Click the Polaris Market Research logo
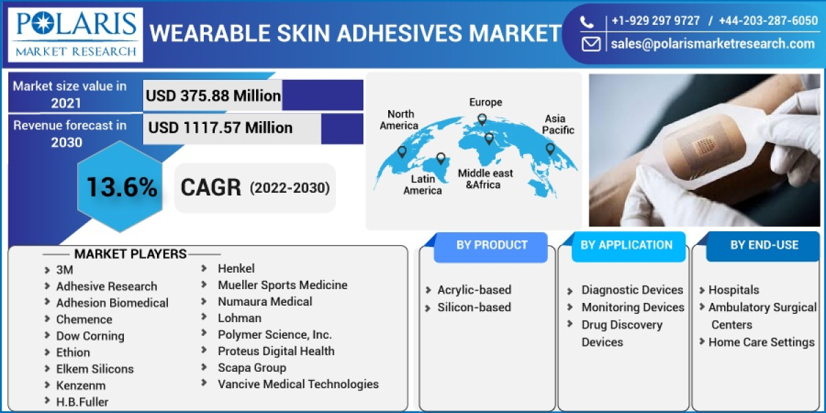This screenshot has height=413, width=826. [76, 34]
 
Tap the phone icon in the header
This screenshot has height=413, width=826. [586, 21]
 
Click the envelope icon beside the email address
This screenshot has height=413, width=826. [591, 44]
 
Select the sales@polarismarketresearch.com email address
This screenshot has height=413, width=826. [712, 44]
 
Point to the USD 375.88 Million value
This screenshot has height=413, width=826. [213, 96]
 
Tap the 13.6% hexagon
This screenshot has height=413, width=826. [121, 187]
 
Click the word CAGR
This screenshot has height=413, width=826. [211, 187]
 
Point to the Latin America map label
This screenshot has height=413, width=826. [423, 184]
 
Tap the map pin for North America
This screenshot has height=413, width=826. [402, 151]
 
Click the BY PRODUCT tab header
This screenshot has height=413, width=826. [491, 245]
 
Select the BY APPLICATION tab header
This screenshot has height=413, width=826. [626, 245]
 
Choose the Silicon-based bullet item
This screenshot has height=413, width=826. [474, 308]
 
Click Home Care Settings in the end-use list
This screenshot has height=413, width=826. [761, 342]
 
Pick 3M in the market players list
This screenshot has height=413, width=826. [65, 270]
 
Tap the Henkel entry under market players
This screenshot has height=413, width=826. [236, 268]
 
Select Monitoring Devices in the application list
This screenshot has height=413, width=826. [633, 308]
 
